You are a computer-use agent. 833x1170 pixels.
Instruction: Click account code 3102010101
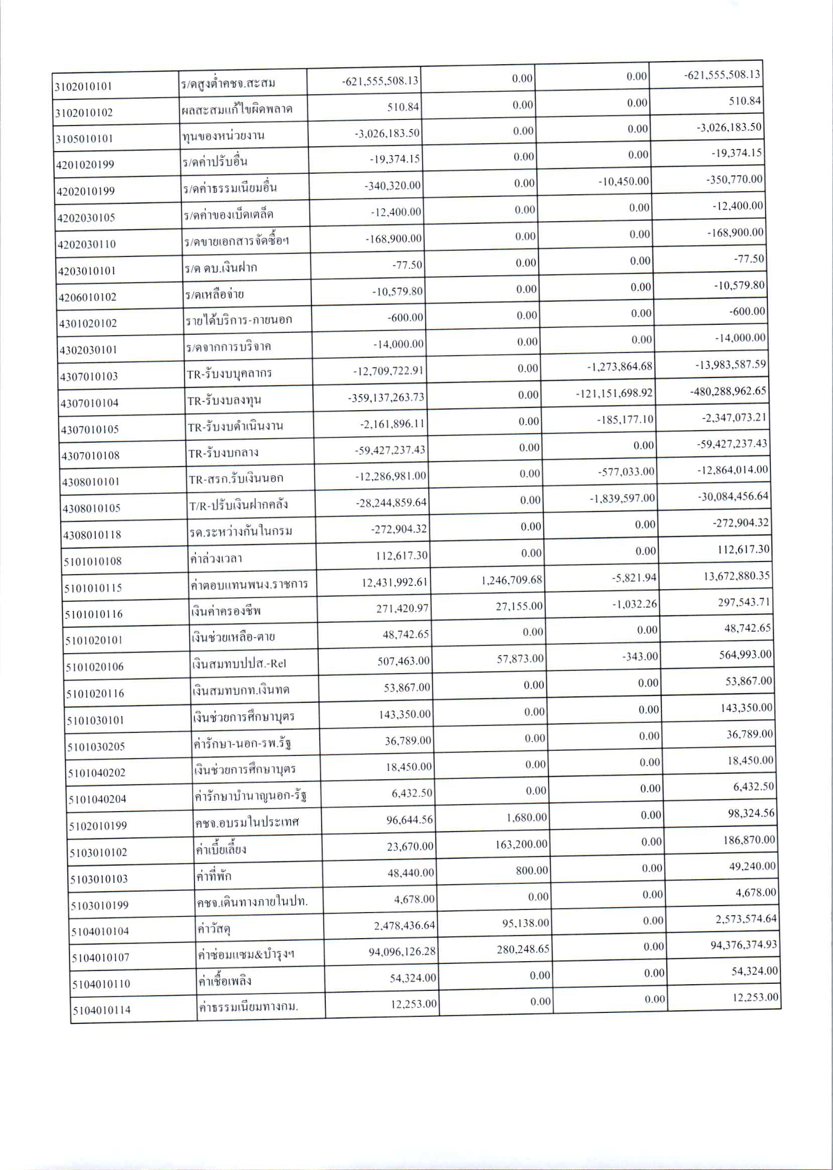pyautogui.click(x=84, y=86)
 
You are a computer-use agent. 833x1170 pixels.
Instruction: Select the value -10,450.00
pyautogui.click(x=623, y=182)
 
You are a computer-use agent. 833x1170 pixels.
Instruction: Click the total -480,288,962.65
pyautogui.click(x=728, y=391)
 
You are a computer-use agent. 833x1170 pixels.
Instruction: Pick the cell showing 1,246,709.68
pyautogui.click(x=511, y=580)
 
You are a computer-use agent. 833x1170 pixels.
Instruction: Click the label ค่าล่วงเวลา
pyautogui.click(x=216, y=558)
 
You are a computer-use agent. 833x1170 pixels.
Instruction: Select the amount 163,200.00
pyautogui.click(x=521, y=844)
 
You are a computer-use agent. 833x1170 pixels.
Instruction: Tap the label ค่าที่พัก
pyautogui.click(x=214, y=876)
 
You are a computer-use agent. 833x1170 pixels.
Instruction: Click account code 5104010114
pyautogui.click(x=101, y=1010)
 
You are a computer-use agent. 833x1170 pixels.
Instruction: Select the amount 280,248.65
pyautogui.click(x=523, y=949)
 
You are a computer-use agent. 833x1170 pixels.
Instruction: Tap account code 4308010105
pyautogui.click(x=91, y=508)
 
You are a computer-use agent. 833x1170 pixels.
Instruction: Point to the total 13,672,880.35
pyautogui.click(x=737, y=576)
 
